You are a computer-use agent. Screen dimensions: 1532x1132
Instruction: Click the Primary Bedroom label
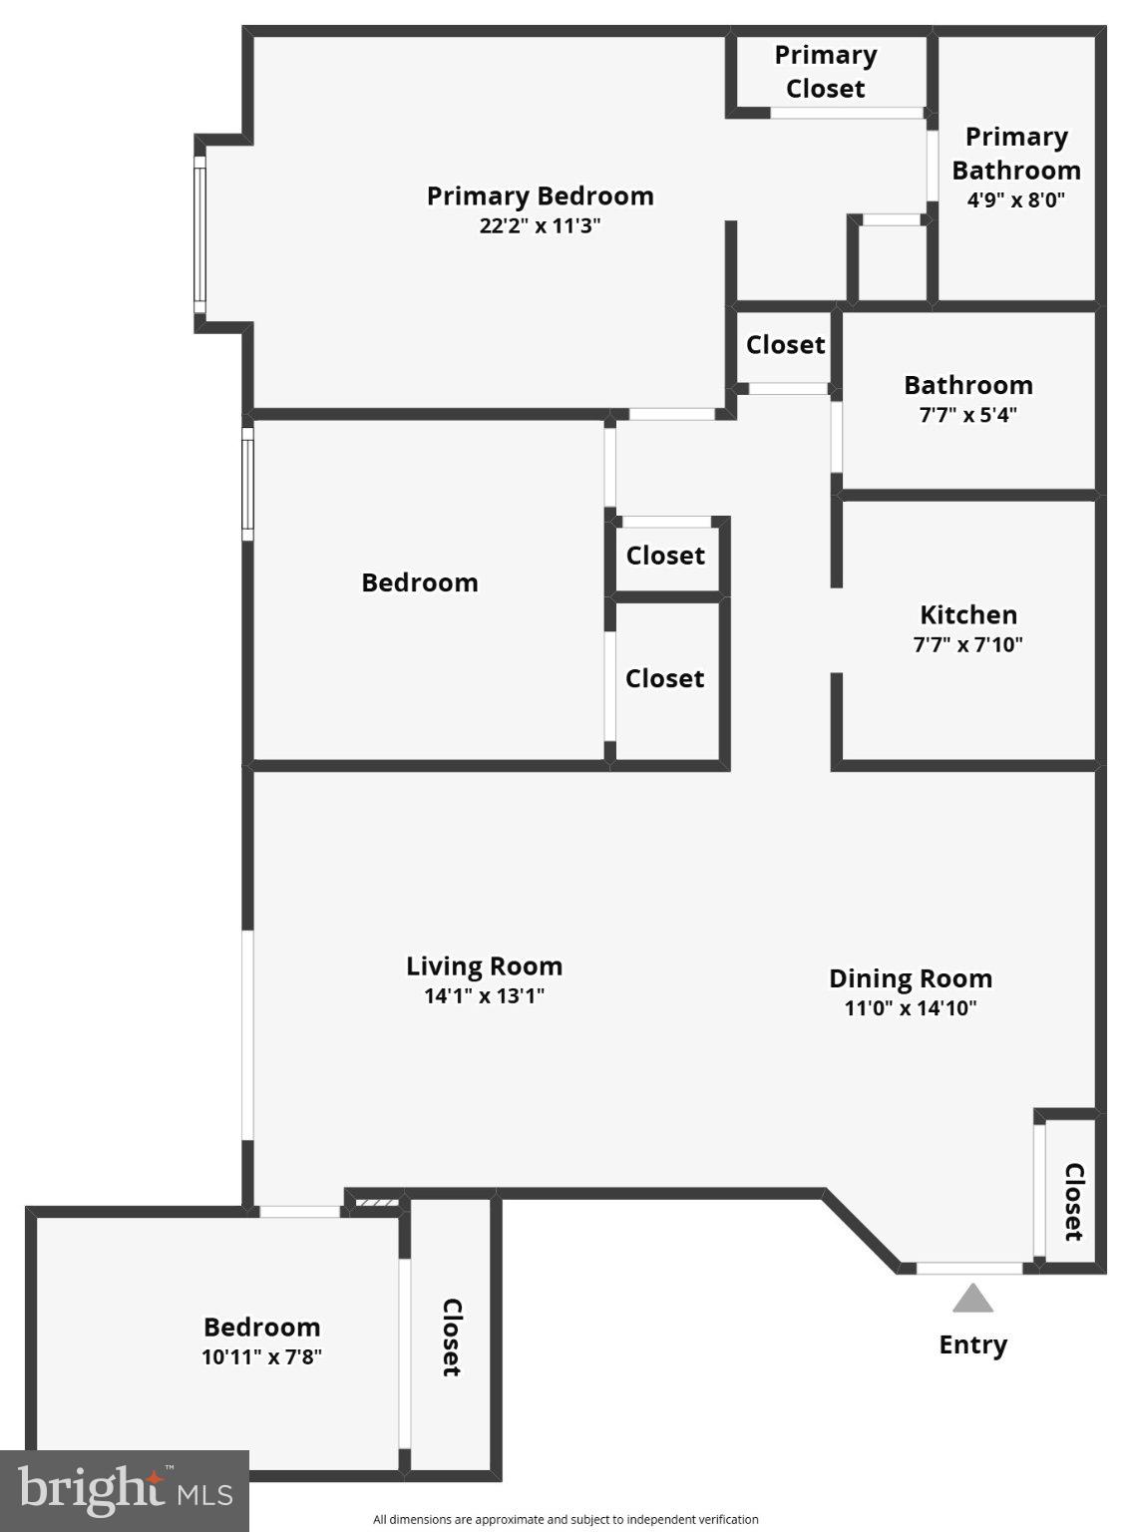(540, 195)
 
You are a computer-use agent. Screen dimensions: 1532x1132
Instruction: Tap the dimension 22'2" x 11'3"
(540, 225)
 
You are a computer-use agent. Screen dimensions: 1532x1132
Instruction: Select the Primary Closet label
(825, 72)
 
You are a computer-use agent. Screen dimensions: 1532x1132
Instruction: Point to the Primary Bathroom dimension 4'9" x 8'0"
(1015, 199)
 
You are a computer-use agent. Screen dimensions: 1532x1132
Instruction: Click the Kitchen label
(967, 614)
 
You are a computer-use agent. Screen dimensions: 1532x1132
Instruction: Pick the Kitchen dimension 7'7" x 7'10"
(967, 644)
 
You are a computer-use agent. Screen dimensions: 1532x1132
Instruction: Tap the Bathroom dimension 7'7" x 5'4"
(967, 415)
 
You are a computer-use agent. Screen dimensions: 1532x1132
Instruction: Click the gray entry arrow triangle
(972, 1300)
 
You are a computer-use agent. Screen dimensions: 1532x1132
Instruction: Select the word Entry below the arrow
(972, 1344)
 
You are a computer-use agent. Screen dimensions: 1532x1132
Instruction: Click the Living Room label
(484, 965)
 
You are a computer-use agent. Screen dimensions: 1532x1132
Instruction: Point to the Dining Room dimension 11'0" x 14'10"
(910, 1007)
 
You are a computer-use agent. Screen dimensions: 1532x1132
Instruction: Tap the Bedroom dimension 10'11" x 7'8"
(261, 1356)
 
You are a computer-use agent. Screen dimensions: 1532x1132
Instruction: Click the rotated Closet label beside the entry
(1073, 1201)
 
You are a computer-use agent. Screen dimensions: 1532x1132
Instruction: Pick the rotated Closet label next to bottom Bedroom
(451, 1337)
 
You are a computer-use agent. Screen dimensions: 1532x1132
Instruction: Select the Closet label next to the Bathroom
(785, 345)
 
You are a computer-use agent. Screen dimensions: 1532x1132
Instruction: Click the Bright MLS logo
(124, 1491)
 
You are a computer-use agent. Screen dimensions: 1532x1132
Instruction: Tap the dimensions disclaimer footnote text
(566, 1520)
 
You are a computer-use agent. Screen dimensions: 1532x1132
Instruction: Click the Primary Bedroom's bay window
(199, 234)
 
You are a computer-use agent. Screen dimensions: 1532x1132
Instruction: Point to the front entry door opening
(969, 1269)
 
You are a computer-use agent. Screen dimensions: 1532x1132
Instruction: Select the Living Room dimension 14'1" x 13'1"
(484, 995)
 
